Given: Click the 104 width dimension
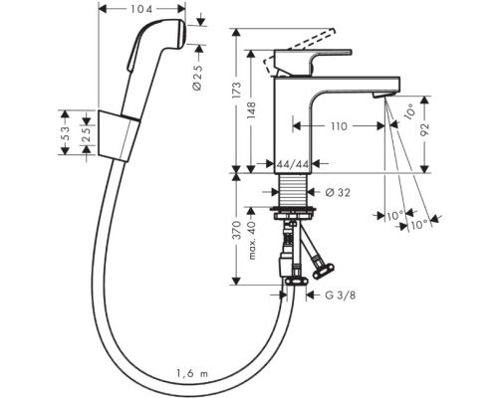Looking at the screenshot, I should pyautogui.click(x=142, y=8).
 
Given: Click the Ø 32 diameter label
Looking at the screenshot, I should pyautogui.click(x=335, y=191).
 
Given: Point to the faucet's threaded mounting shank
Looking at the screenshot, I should pyautogui.click(x=294, y=190).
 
